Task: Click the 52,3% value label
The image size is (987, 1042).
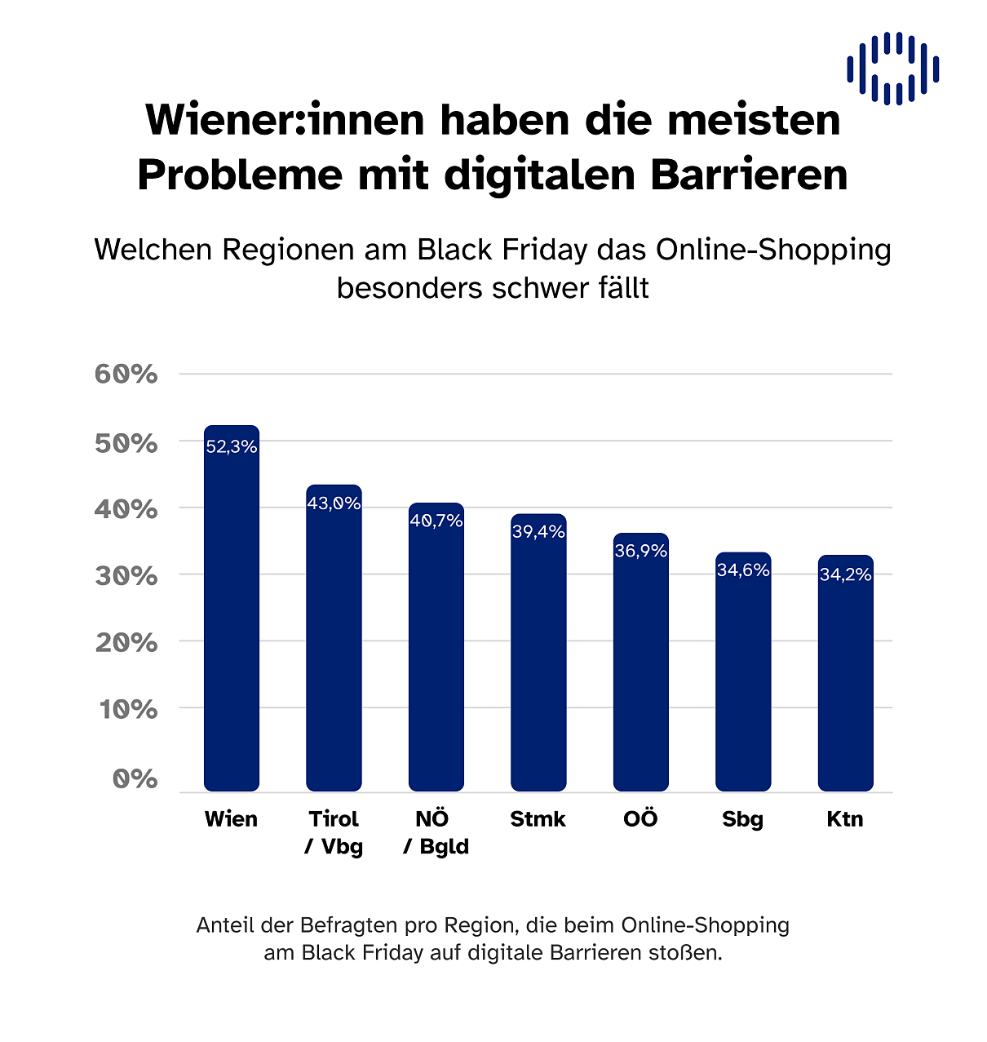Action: coord(232,446)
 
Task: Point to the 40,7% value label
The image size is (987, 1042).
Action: coord(436,521)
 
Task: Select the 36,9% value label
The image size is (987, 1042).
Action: coord(641,551)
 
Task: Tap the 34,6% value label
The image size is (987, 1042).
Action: coord(743,570)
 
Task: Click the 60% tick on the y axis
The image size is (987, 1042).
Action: coord(126,374)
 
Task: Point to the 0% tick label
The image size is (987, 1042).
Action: coord(135,778)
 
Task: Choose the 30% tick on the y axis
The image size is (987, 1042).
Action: coord(126,576)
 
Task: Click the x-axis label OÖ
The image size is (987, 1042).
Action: coord(640,818)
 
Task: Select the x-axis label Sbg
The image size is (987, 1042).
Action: coord(742,819)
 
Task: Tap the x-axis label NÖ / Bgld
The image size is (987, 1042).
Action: coord(436,832)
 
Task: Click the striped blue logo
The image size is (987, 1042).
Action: coord(892,69)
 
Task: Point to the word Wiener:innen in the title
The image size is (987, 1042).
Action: coord(286,120)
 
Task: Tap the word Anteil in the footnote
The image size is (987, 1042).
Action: coord(225,925)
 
